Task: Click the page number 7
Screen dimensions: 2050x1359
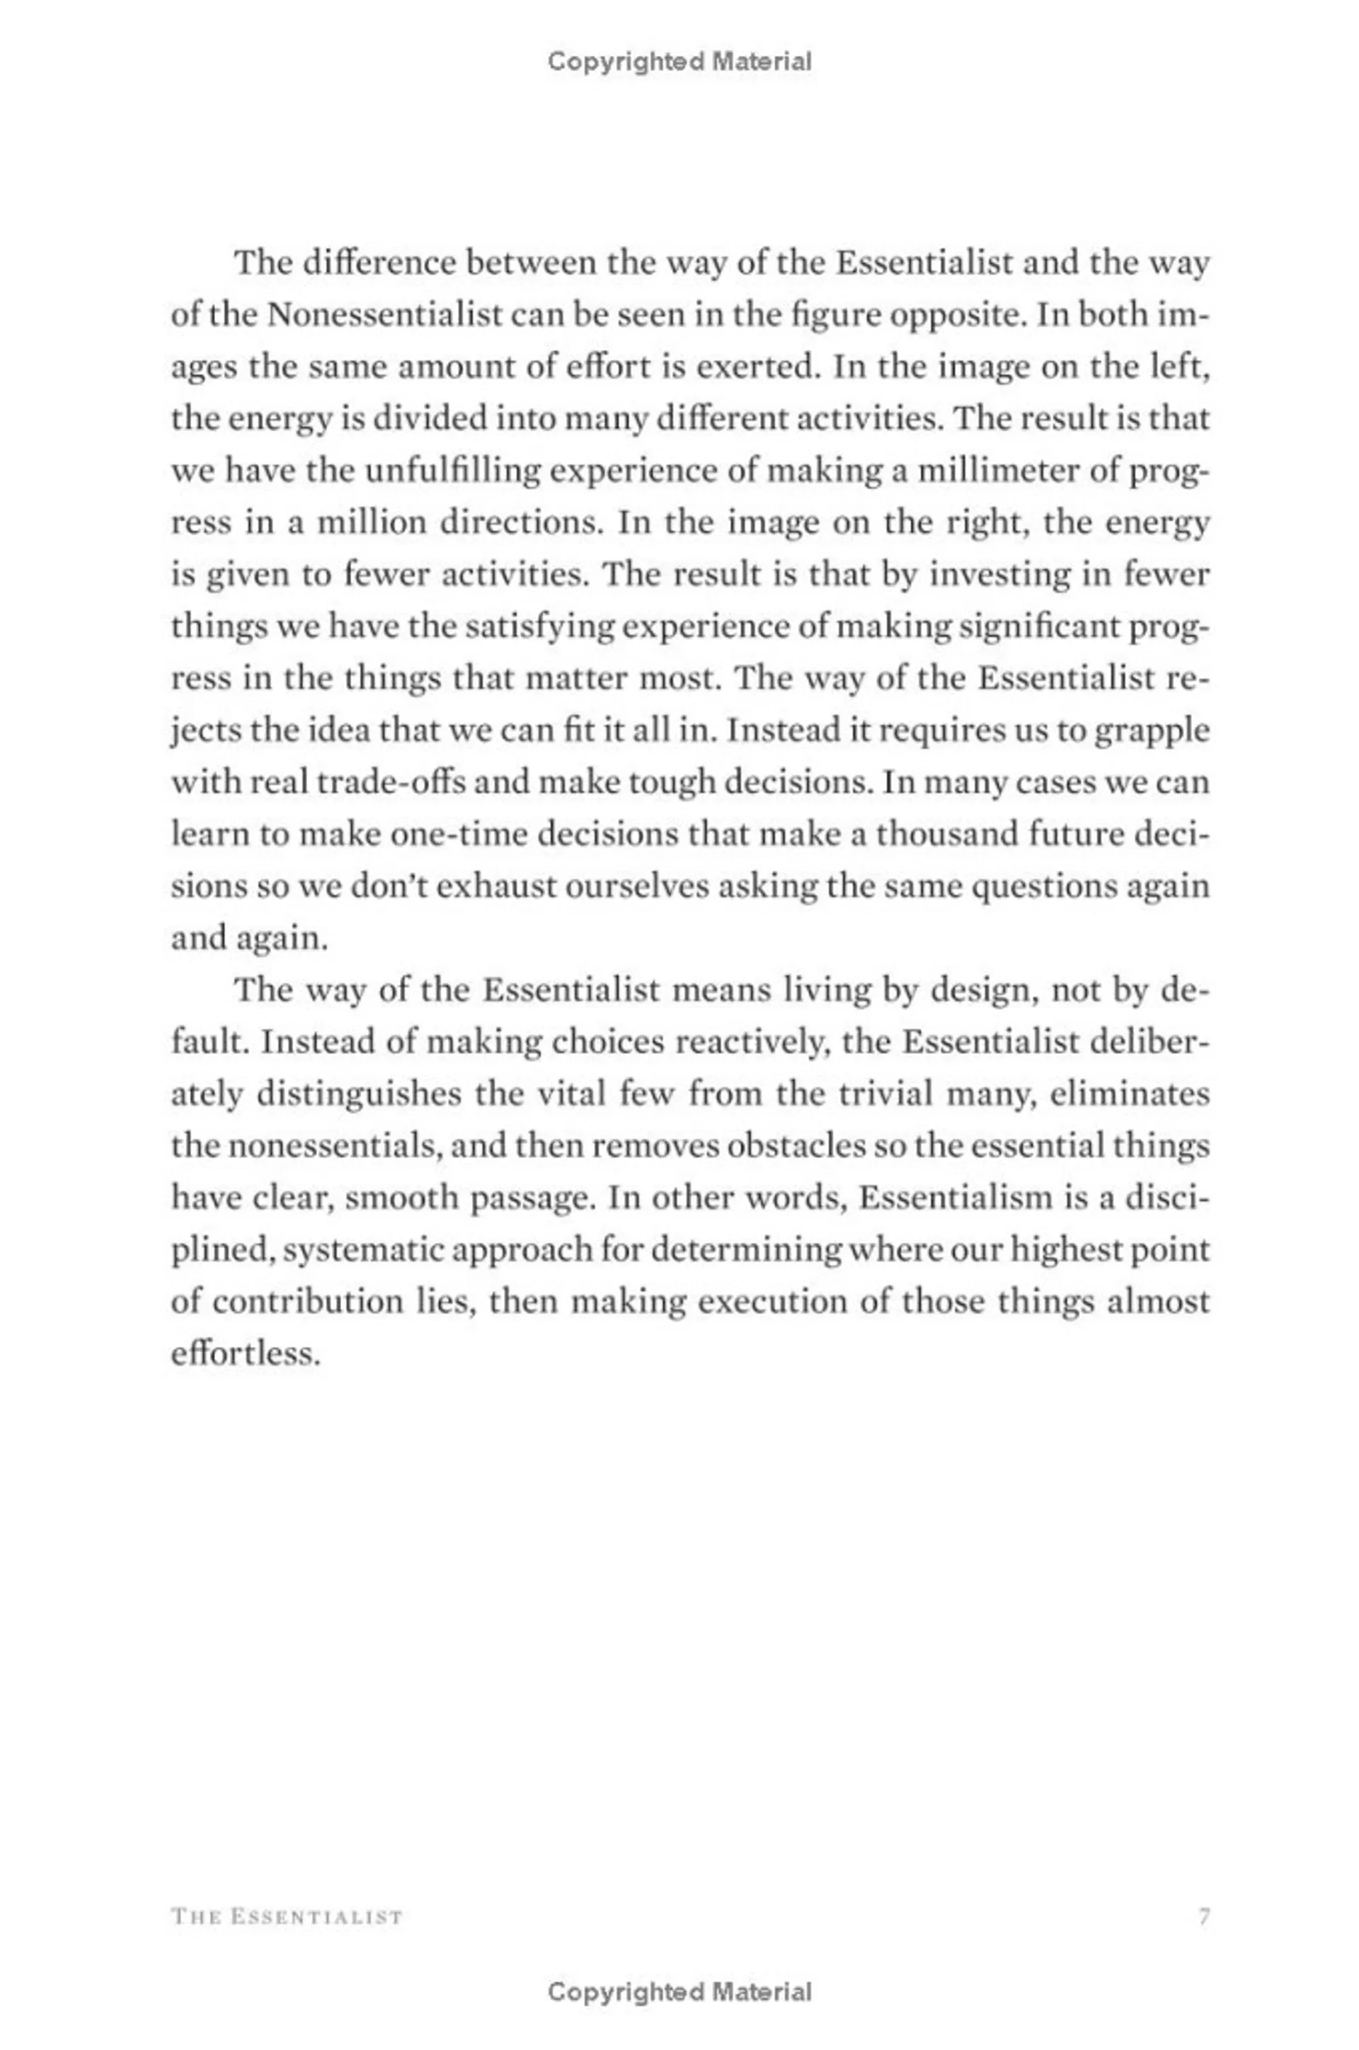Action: (x=1203, y=1916)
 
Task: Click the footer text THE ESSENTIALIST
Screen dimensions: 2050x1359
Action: (x=287, y=1916)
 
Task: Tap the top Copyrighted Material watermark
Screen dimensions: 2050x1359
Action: (x=679, y=62)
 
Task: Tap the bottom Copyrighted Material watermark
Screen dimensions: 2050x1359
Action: (x=679, y=1992)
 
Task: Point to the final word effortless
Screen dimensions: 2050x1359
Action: (x=246, y=1355)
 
